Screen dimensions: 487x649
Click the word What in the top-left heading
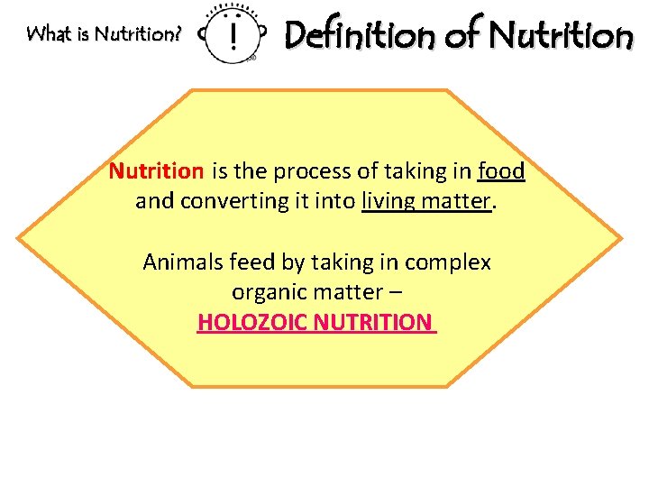[x=46, y=34]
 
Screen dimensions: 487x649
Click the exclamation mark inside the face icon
[x=234, y=37]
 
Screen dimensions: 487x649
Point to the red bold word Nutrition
[x=156, y=170]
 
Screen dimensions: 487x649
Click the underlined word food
[x=501, y=170]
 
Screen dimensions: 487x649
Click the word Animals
[x=183, y=262]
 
